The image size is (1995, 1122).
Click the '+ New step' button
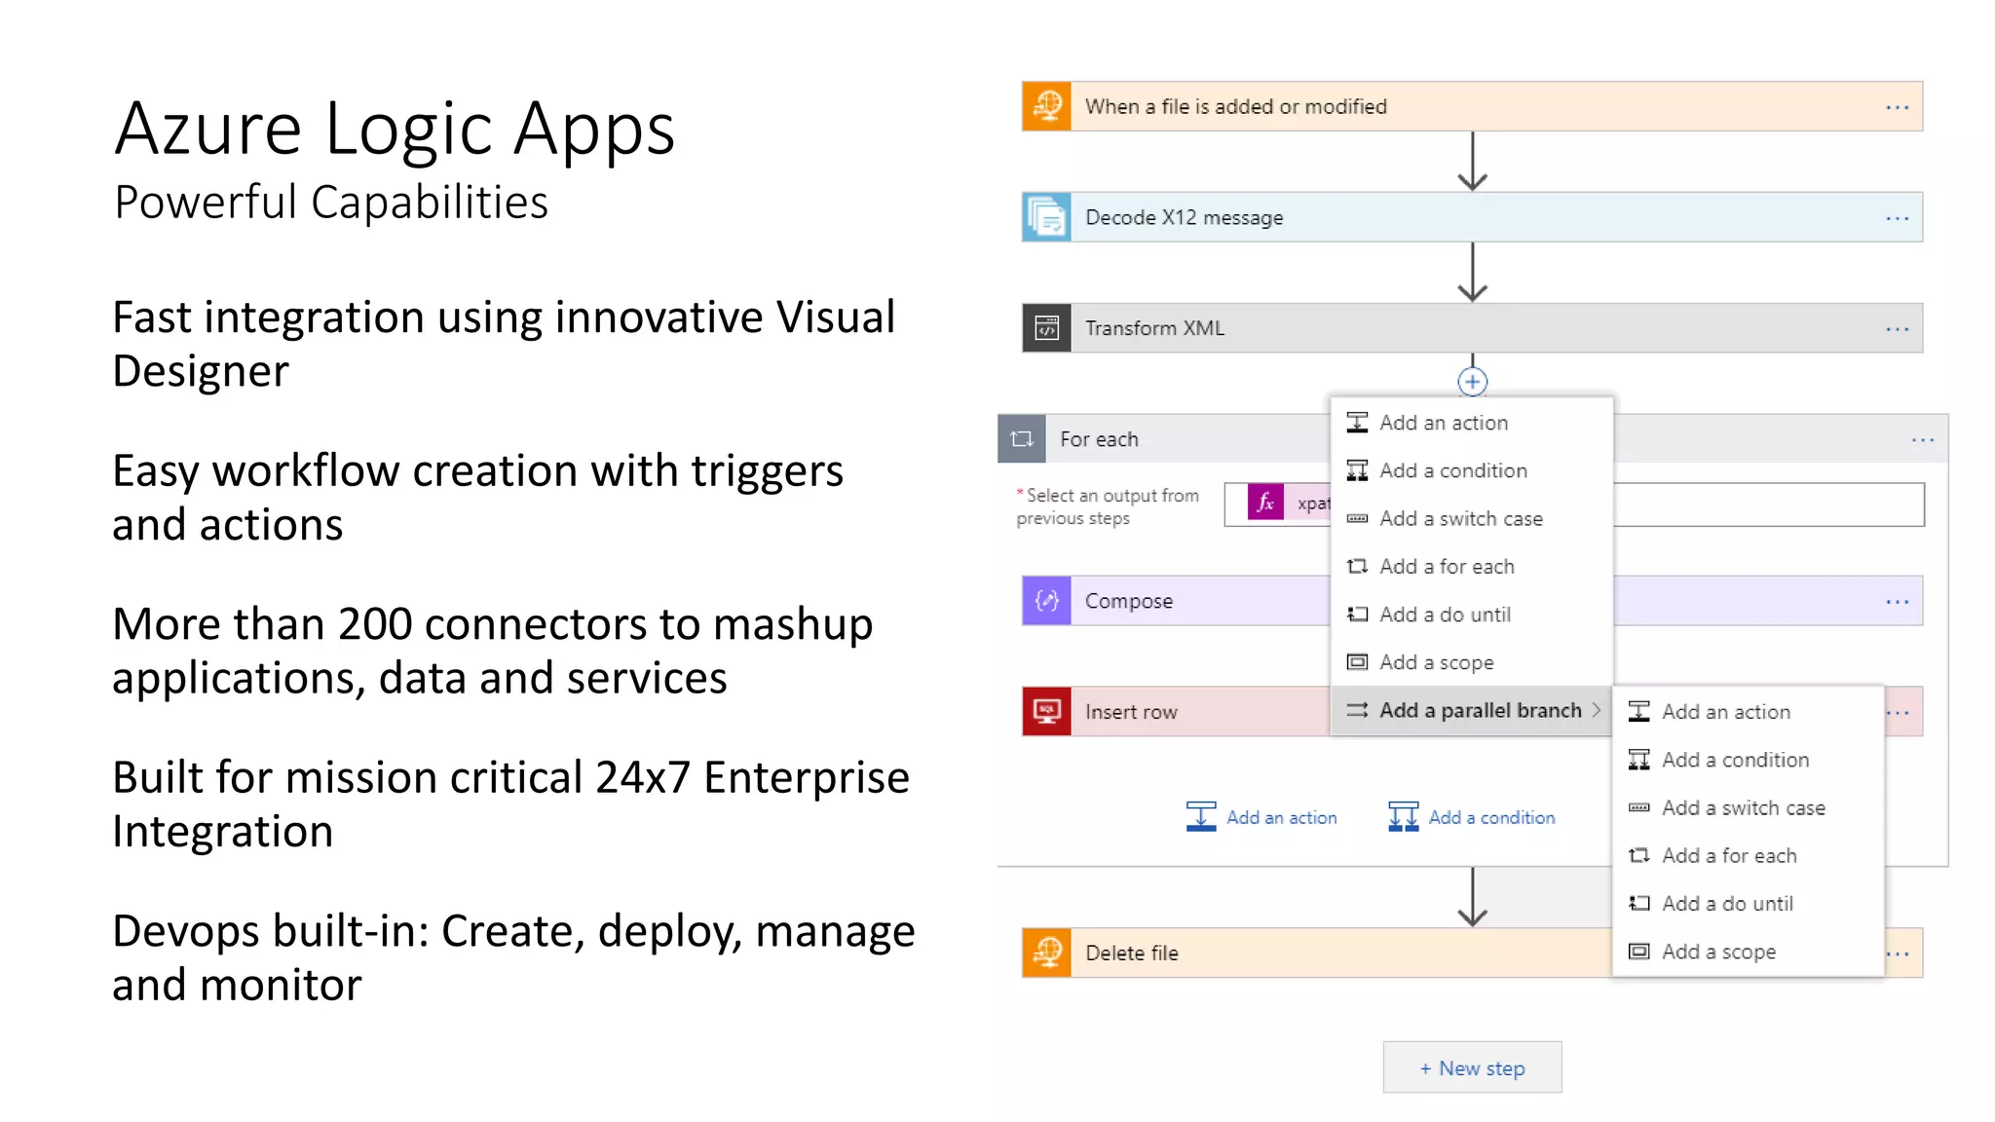pyautogui.click(x=1472, y=1067)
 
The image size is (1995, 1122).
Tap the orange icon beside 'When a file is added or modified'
pyautogui.click(x=1047, y=106)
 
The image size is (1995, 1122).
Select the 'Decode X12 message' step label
pyautogui.click(x=1184, y=217)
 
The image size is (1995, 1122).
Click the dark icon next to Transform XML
pyautogui.click(x=1047, y=328)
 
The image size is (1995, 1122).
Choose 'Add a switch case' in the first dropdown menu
pyautogui.click(x=1460, y=518)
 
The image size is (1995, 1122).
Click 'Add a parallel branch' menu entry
pyautogui.click(x=1479, y=710)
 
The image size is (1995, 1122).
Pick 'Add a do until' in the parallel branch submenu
pyautogui.click(x=1726, y=903)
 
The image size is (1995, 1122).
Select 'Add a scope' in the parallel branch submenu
pyautogui.click(x=1718, y=952)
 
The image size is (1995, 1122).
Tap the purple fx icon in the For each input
pyautogui.click(x=1265, y=503)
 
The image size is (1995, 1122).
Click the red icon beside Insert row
pyautogui.click(x=1047, y=712)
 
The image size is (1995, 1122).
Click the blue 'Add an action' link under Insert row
pyautogui.click(x=1280, y=817)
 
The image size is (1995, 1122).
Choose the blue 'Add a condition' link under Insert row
pyautogui.click(x=1490, y=817)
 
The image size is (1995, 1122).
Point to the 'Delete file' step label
pyautogui.click(x=1131, y=953)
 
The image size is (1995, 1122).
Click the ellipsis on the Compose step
pyautogui.click(x=1897, y=602)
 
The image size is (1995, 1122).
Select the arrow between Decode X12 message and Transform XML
pyautogui.click(x=1472, y=272)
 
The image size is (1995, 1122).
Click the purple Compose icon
pyautogui.click(x=1047, y=601)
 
